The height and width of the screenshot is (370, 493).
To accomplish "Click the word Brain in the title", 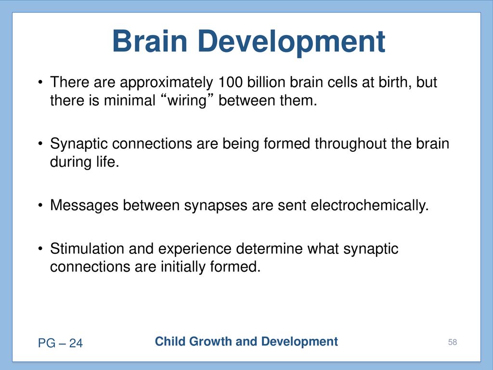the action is [150, 41].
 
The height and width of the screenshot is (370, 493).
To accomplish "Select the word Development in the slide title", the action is [291, 42].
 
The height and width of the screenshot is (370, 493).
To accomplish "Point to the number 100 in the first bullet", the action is [230, 82].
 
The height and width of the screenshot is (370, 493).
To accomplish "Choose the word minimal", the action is [130, 101].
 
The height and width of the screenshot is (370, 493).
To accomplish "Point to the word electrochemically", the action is [369, 206].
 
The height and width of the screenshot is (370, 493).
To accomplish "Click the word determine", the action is [269, 249].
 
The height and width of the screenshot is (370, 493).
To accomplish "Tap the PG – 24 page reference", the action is [60, 343].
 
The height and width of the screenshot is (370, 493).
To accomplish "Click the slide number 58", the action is [453, 343].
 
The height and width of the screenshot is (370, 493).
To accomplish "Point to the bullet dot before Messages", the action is [40, 206].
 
